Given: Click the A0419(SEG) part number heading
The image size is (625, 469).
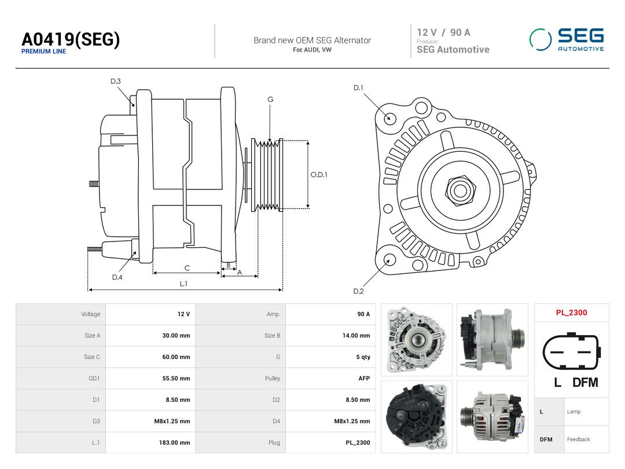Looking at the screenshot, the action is click(x=71, y=39).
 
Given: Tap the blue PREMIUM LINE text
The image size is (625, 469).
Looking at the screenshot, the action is click(x=43, y=52).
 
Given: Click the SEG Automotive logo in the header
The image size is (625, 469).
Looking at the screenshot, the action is click(x=567, y=39).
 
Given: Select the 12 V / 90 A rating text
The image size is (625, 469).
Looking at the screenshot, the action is click(x=443, y=32).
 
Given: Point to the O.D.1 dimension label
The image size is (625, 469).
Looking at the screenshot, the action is click(x=319, y=175).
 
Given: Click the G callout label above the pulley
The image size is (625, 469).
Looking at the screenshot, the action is click(x=270, y=100).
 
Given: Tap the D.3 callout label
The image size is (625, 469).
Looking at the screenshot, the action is click(x=116, y=82).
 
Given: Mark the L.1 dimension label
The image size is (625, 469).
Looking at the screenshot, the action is click(x=183, y=284).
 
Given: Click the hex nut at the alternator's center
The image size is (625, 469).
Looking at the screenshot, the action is click(x=461, y=190).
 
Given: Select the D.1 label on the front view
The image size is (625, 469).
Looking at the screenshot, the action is click(x=358, y=88).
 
